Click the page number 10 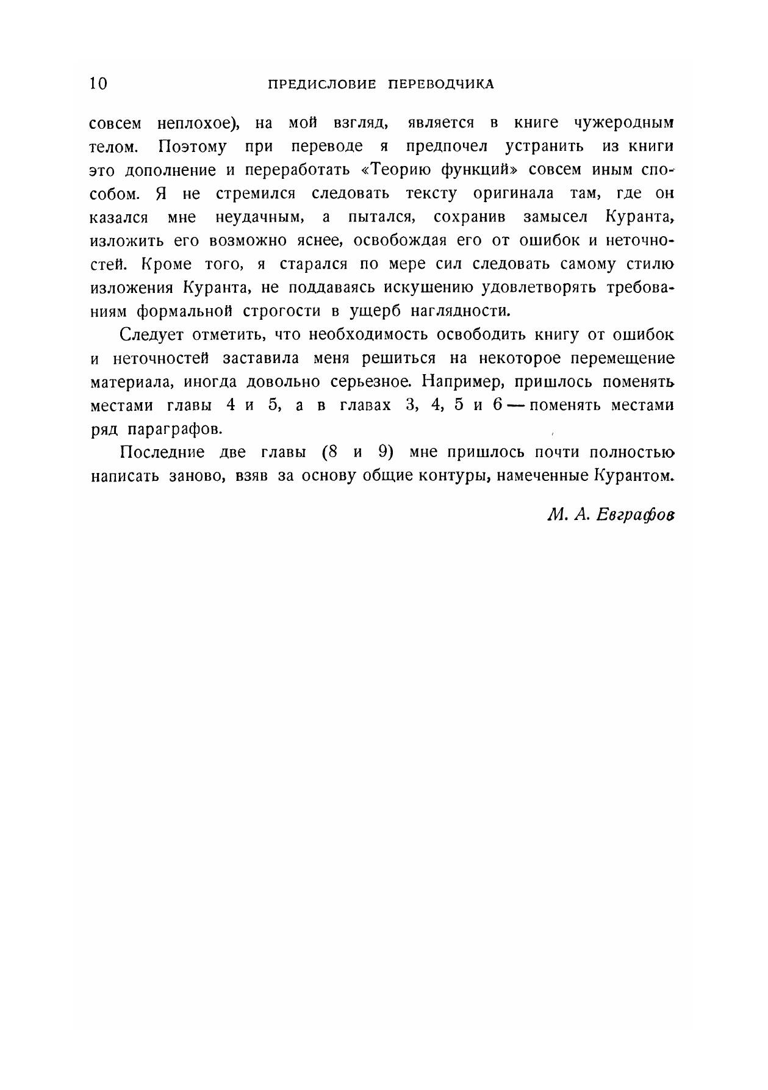tap(98, 84)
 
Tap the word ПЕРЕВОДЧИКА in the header tap(441, 84)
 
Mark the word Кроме tap(167, 265)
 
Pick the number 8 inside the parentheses tap(331, 453)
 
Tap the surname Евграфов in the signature tap(636, 515)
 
